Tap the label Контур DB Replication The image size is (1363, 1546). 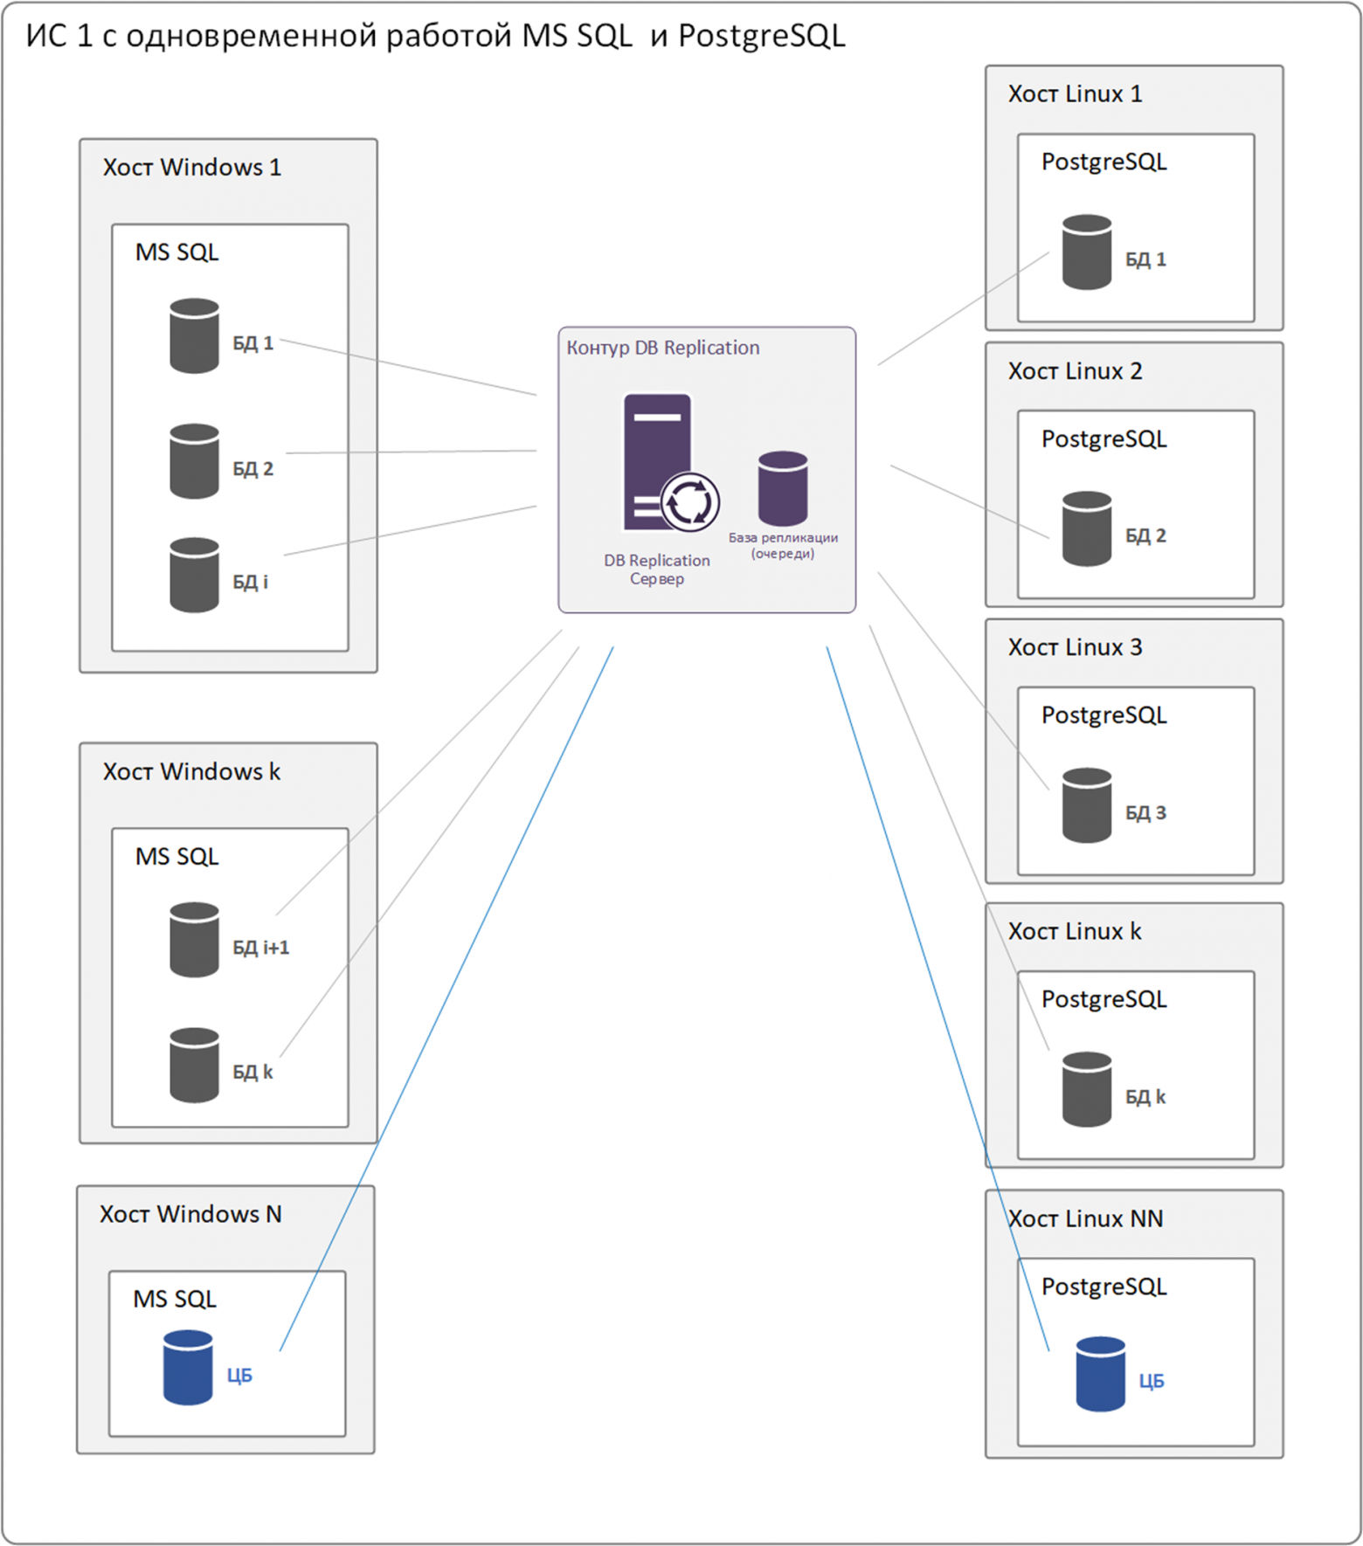tap(663, 348)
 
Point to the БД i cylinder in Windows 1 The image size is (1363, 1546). tap(194, 575)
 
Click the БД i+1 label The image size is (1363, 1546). tap(260, 947)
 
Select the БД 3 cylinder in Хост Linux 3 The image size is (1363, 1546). tap(1087, 805)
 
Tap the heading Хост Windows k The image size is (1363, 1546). tap(191, 772)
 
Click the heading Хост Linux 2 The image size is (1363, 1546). tap(1075, 371)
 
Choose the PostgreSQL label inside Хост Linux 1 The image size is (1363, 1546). tap(1104, 162)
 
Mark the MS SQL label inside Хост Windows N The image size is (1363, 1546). tap(175, 1299)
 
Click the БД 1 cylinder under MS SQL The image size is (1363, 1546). tap(194, 335)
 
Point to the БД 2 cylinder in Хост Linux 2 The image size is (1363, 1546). tap(1087, 528)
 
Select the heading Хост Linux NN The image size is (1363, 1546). tap(1085, 1218)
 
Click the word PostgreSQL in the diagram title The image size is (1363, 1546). tap(761, 37)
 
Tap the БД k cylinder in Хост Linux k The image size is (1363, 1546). tap(1087, 1089)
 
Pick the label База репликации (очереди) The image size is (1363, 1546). tap(783, 545)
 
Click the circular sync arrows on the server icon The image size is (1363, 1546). tap(690, 502)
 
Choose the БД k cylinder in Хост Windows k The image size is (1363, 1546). tap(194, 1065)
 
